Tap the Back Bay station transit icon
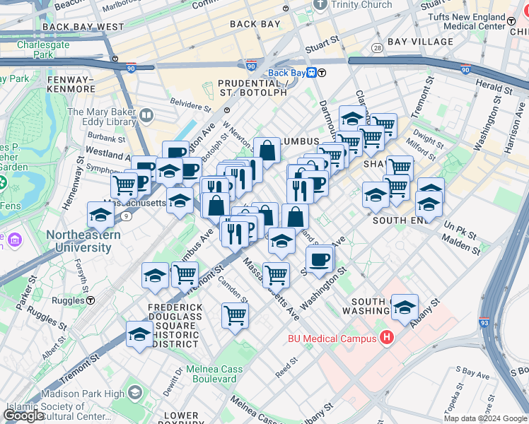[x=321, y=73]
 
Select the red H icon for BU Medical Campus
[x=386, y=338]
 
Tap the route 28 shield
[x=377, y=47]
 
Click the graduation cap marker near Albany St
[x=405, y=307]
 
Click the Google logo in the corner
[x=23, y=416]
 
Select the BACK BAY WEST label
[x=83, y=27]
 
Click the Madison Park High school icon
[x=132, y=392]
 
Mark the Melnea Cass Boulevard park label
[x=211, y=374]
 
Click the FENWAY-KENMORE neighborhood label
[x=71, y=84]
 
